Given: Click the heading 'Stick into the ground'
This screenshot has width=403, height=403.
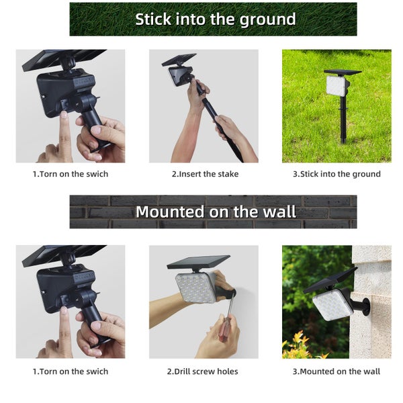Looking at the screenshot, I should point(215,19).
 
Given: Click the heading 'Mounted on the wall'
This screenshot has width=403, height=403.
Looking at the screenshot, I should point(215,212).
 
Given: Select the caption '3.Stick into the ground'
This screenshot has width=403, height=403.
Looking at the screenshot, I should point(337,174).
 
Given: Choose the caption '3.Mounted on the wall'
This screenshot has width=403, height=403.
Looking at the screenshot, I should point(336,371).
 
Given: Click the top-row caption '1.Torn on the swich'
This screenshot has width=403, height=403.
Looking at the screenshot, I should point(71,174).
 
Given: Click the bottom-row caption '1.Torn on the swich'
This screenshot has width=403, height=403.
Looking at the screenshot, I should point(71,371).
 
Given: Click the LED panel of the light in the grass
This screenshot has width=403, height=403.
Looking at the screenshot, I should point(337,85).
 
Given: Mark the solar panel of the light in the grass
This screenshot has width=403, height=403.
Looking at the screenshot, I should point(342,71).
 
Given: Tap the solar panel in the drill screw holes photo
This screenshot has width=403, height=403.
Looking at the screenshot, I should point(197,261).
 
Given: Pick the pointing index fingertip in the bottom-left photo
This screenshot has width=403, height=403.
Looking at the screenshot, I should point(63,312).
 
